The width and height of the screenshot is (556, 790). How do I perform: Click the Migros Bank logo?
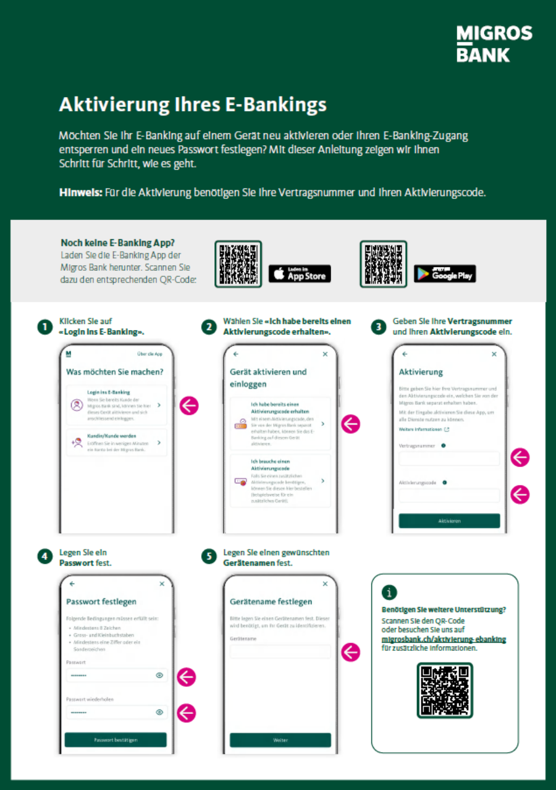coord(494,43)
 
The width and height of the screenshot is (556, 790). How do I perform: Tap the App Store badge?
coord(300,274)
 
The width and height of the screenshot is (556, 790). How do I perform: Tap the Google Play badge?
coord(445,274)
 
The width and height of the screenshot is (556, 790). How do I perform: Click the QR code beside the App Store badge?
coord(238,264)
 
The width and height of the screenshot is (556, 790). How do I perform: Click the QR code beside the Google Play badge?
coord(384,264)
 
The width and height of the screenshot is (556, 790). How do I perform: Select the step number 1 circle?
coord(44,327)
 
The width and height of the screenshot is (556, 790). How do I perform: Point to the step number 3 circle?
coord(378,327)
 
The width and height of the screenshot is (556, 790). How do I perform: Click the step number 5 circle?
coord(209,557)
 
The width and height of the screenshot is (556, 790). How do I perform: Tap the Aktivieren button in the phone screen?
coord(449,521)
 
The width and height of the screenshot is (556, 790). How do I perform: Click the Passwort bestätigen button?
coord(116,739)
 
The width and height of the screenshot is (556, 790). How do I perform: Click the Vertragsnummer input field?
coord(449,458)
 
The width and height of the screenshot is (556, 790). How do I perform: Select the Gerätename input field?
coord(280,652)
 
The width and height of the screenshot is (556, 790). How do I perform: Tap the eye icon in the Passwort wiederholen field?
coord(159,712)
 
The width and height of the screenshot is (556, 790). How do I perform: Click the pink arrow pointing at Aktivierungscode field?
coord(520,495)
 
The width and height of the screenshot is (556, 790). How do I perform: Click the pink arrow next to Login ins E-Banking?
coord(189,406)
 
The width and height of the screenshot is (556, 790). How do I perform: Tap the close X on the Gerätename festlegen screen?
coord(325,584)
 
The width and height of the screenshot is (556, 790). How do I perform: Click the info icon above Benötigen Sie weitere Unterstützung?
coord(389,593)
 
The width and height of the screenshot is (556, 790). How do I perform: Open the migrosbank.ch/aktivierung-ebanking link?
coord(444,639)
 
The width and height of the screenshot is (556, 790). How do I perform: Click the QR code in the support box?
coord(445,690)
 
